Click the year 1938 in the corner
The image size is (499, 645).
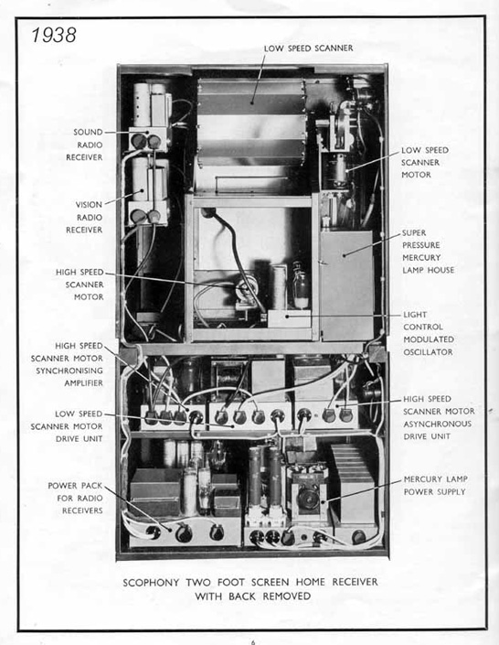pos(52,36)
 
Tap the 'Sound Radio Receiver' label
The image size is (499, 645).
pos(88,145)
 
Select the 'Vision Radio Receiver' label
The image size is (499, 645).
pos(89,217)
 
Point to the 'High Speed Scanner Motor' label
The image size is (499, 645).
pos(80,285)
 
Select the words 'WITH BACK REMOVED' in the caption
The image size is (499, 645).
pos(252,597)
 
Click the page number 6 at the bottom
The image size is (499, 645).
pos(252,641)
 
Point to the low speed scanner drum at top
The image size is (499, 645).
pos(251,119)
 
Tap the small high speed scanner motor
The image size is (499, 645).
pos(246,292)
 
